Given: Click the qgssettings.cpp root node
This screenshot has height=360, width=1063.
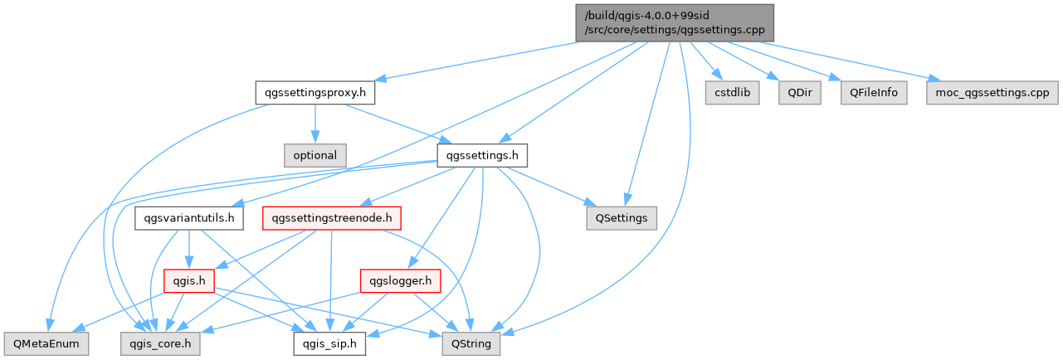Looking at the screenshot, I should click(x=675, y=23).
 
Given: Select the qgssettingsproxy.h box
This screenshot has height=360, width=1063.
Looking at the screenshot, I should click(x=315, y=92).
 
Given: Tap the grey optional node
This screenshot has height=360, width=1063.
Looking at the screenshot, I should click(x=314, y=155).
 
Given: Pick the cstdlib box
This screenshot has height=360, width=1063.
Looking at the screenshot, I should click(x=732, y=92).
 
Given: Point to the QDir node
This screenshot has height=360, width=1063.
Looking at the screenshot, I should click(x=799, y=92).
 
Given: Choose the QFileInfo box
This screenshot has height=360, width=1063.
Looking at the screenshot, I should click(x=873, y=92).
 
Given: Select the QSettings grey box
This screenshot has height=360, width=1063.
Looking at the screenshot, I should click(x=621, y=218).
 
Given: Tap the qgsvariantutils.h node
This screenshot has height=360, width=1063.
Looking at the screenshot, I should click(x=189, y=218).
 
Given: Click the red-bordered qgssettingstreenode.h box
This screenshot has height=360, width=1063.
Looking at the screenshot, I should click(x=332, y=218).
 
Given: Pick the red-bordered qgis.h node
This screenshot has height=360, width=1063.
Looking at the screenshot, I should click(x=189, y=281).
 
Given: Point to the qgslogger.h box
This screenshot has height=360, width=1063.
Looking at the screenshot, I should click(x=399, y=281).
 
